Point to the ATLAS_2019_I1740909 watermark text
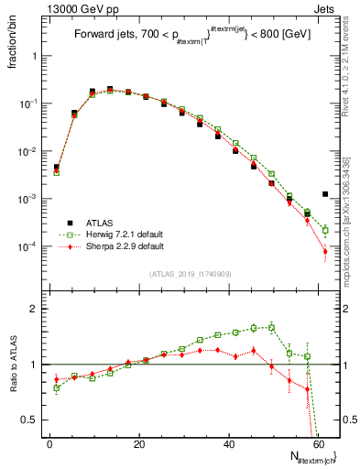pos(189,274)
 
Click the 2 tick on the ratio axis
pos(36,309)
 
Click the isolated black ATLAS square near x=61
pos(325,194)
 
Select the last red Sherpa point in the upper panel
pos(325,251)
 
